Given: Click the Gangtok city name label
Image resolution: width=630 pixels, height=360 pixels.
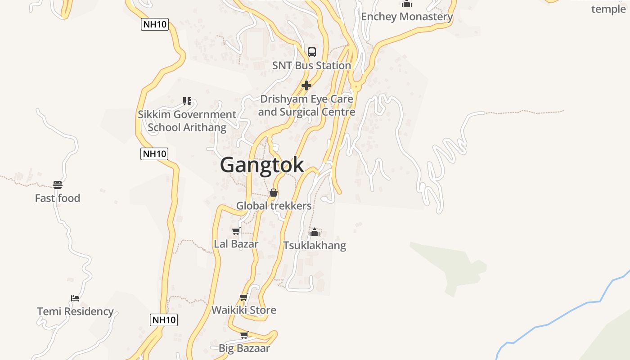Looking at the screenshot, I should point(262,165).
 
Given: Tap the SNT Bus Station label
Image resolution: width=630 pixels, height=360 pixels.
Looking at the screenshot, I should point(311,66).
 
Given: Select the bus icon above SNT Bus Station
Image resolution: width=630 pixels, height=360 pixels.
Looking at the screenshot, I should point(312,52).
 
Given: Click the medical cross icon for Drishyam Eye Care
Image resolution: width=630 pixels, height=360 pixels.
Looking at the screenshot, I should point(306,85).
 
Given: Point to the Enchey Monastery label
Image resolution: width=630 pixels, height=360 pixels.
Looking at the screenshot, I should point(407,17).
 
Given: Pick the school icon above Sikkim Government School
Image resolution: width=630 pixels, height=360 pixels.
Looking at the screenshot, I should point(187,101).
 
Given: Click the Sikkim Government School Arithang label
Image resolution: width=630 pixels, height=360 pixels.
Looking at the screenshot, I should point(187,121).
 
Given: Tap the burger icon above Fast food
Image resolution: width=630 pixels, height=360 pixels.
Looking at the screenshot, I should point(58,184).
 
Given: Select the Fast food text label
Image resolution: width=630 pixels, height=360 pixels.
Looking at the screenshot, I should point(58,198).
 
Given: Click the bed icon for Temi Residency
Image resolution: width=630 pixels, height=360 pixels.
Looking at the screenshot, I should point(75,298).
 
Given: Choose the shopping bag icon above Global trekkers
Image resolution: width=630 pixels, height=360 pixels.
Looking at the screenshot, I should point(274,193).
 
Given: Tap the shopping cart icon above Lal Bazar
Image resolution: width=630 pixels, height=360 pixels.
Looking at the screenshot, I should point(236,231).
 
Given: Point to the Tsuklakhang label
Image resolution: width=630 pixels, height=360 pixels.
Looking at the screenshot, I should point(315,246).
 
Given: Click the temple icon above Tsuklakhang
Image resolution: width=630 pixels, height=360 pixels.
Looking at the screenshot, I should point(315,233).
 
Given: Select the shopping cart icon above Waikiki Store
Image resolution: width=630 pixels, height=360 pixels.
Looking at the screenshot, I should point(244,297).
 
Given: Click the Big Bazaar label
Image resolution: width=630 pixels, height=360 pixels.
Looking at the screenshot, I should point(244,348).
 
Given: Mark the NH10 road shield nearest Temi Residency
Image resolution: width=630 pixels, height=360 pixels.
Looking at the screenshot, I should point(164,320).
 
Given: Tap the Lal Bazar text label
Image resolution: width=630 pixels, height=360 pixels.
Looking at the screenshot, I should point(236,244).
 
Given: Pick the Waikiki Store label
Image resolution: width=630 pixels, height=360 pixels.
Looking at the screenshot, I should point(244,310).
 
